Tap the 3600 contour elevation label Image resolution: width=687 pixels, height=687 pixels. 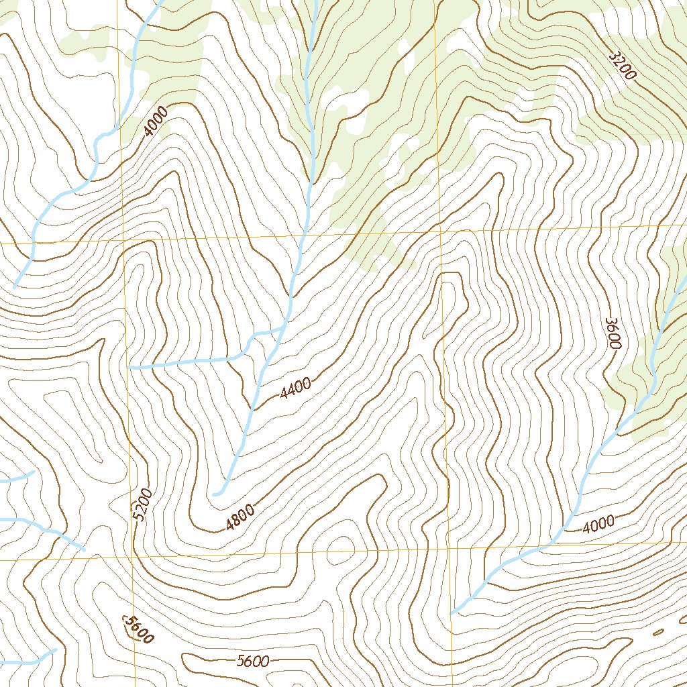pos(613,333)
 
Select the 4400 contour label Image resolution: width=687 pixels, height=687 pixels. pos(296,388)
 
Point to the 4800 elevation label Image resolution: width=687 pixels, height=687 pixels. pos(240,517)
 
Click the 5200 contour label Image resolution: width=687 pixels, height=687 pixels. pos(143,505)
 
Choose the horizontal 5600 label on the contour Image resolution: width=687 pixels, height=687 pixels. pos(252,662)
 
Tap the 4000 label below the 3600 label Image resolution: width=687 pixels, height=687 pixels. pos(598,524)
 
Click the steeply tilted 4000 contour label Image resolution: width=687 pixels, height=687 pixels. pos(156,121)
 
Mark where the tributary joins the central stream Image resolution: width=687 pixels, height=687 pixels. pos(280,329)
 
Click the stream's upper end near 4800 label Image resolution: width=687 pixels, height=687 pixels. pos(215,494)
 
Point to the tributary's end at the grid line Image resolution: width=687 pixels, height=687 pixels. pos(129,368)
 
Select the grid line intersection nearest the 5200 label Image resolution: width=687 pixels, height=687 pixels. pos(132,558)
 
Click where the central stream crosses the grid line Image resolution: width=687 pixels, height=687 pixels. pos(303,235)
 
